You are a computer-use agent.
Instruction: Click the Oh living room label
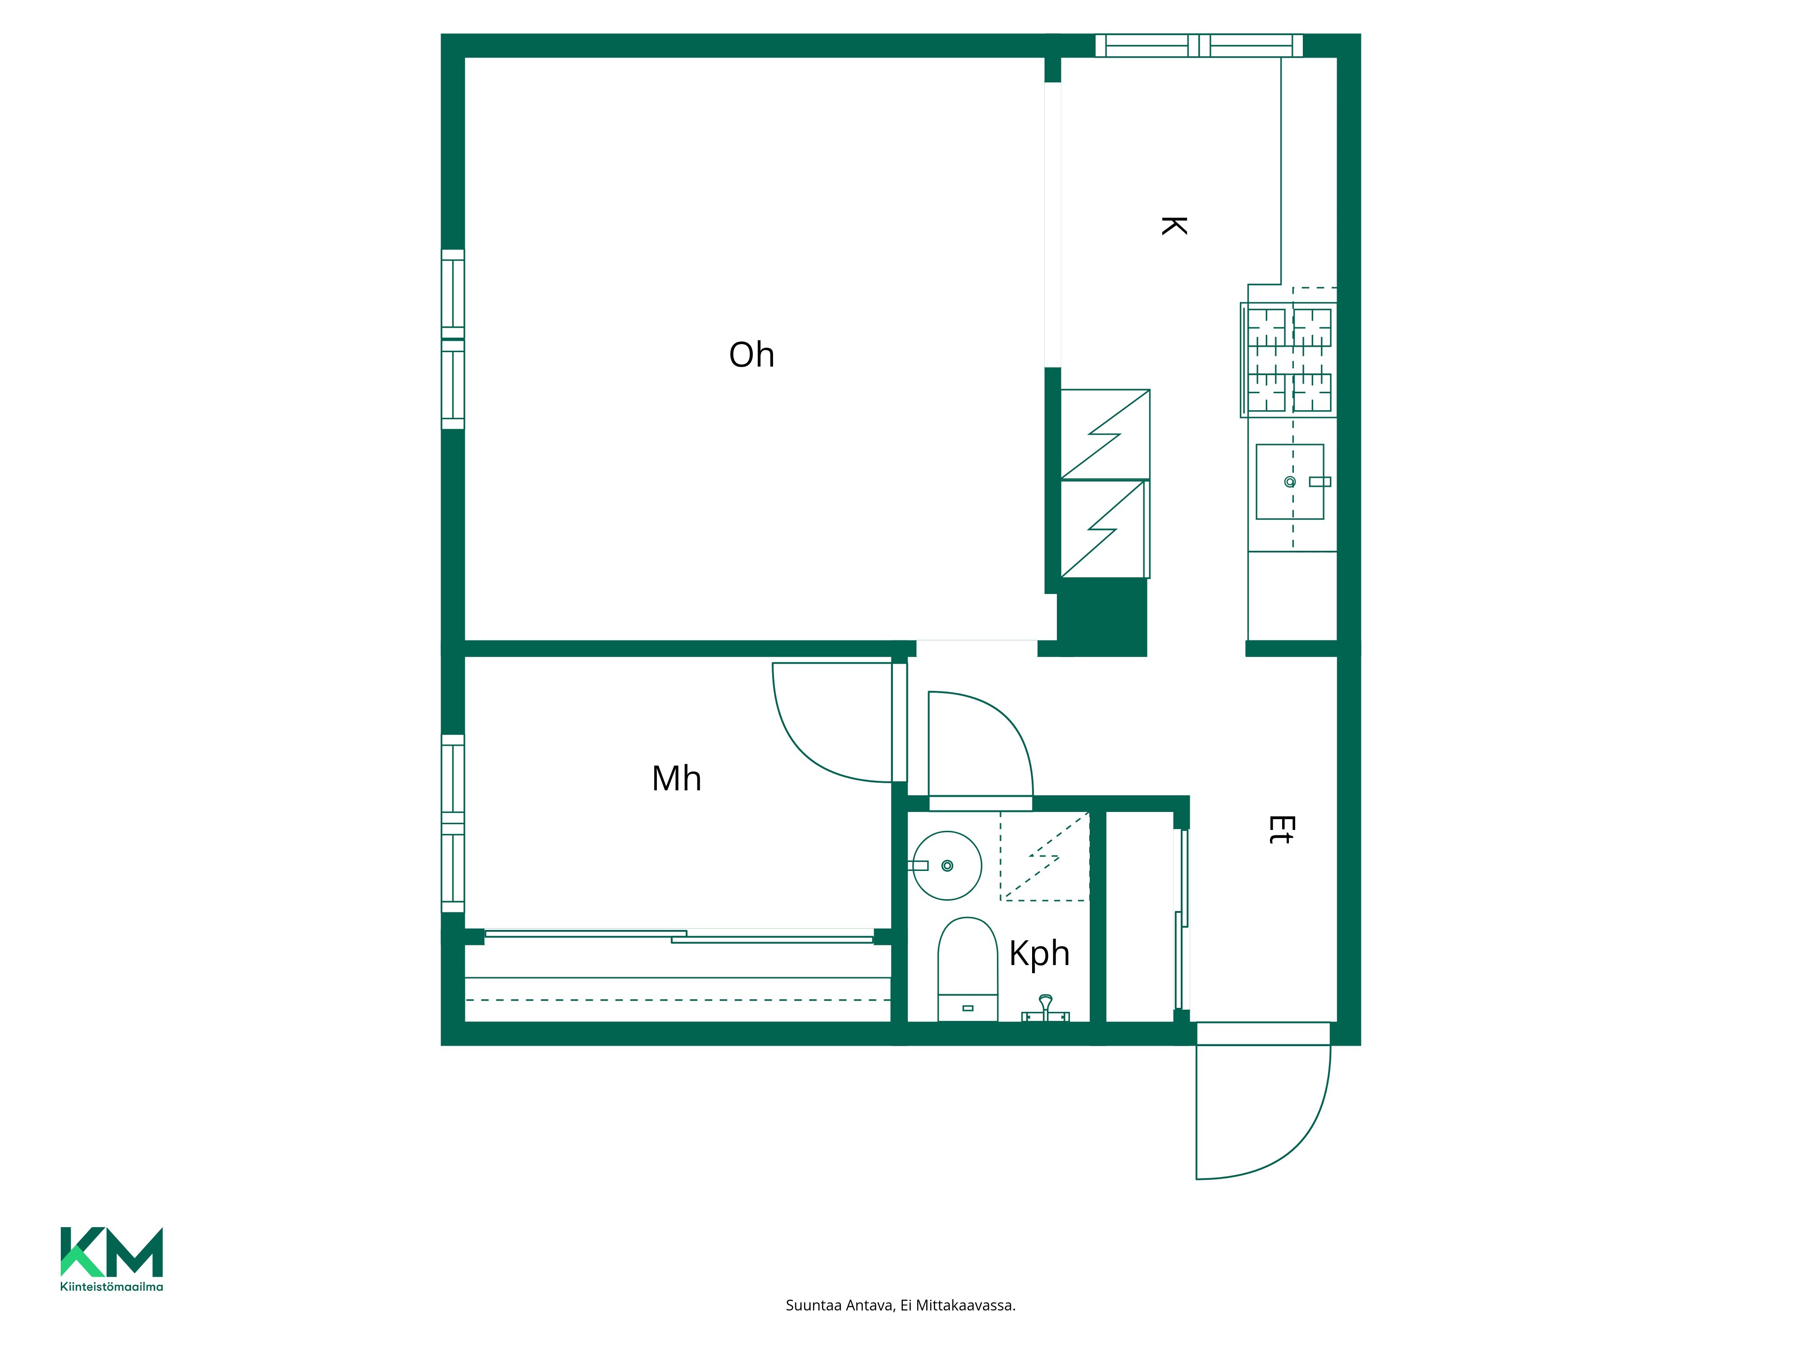click(751, 355)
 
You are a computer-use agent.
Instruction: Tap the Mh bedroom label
click(676, 779)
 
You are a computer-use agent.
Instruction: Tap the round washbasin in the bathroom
click(946, 865)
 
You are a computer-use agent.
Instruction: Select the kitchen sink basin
click(1290, 481)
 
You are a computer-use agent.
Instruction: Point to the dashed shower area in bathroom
click(1044, 856)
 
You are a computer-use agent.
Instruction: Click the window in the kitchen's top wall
click(1198, 45)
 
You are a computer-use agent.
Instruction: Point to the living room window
click(453, 339)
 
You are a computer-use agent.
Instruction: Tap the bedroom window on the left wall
click(453, 823)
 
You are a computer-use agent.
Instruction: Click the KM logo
click(112, 1251)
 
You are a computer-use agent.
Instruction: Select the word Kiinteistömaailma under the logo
click(112, 1287)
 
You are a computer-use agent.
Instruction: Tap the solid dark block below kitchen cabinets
click(1101, 617)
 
